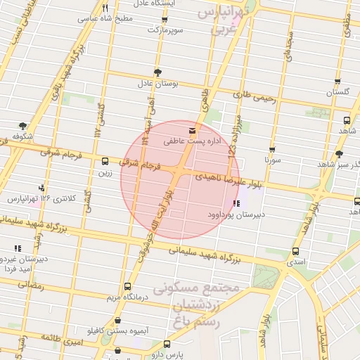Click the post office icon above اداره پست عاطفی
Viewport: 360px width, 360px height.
(x=193, y=131)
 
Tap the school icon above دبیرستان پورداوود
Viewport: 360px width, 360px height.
(x=236, y=203)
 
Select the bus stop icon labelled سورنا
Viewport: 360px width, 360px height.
(x=272, y=149)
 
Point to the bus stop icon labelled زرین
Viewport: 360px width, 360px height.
(x=105, y=161)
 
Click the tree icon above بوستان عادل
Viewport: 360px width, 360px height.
(x=157, y=72)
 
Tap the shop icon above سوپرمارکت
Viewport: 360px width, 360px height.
(x=157, y=20)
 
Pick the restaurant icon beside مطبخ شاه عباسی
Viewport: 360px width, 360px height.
(x=104, y=8)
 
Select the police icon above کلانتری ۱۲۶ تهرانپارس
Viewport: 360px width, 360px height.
(x=42, y=188)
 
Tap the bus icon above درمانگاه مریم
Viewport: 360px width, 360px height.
(x=127, y=286)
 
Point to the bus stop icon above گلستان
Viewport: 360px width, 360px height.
(x=338, y=81)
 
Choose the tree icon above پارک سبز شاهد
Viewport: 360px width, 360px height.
(x=339, y=154)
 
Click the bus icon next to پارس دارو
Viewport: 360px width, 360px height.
(x=167, y=345)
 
